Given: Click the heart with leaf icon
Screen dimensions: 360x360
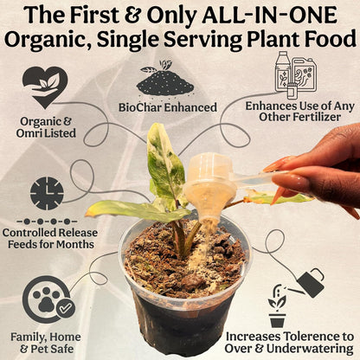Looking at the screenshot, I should click(45, 87).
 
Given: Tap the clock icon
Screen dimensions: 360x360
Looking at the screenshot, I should click(45, 193).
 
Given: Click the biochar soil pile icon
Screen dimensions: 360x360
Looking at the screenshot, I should click(165, 80).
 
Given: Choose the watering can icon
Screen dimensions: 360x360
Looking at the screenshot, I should click(305, 282).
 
